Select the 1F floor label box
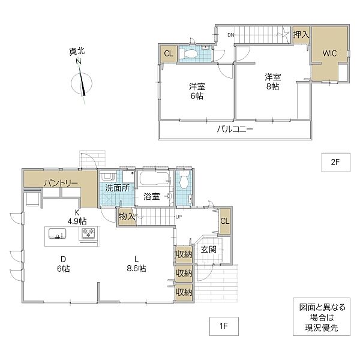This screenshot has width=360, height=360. coord(224,326)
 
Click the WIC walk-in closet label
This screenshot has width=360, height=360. coord(330,53)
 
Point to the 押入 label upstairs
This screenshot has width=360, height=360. coord(301,35)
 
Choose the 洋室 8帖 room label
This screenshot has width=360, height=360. coord(272,82)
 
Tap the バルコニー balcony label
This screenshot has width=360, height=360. coord(234,129)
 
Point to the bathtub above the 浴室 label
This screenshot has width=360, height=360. coord(154,179)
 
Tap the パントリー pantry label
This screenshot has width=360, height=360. coord(60,182)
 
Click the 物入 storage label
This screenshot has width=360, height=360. coord(127,216)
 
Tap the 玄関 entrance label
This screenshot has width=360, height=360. coord(208,249)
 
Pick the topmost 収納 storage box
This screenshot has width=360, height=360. coord(184,254)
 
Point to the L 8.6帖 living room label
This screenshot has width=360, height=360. coord(136,264)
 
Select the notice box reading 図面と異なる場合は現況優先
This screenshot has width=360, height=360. coord(322,318)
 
